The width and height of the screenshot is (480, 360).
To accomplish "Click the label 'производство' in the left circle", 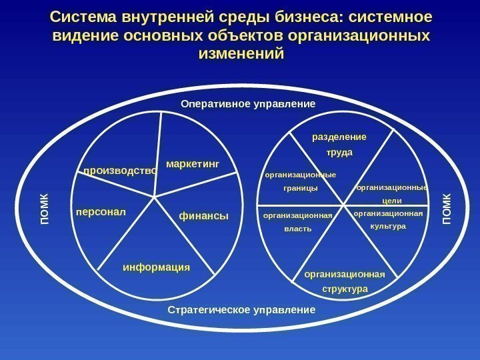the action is point(120,171).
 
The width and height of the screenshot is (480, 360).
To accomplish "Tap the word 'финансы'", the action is point(204,216).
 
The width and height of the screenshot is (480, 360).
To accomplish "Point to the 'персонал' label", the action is point(101,213).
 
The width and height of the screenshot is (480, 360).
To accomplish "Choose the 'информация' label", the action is point(157,267).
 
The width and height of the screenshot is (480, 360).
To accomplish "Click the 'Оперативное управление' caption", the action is point(248,105).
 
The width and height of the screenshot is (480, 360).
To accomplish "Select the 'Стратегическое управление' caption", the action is point(241,310).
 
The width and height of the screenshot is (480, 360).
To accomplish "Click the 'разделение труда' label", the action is point(339,145).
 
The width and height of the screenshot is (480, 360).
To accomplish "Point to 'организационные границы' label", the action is point(301,181).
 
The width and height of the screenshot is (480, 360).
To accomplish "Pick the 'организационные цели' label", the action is point(391,194).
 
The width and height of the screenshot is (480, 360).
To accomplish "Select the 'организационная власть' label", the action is point(297,223).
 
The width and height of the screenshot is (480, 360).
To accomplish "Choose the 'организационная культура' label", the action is point(388,220).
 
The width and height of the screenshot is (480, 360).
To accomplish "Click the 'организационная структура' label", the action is point(345,282).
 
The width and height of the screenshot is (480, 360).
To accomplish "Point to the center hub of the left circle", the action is point(155,197).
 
